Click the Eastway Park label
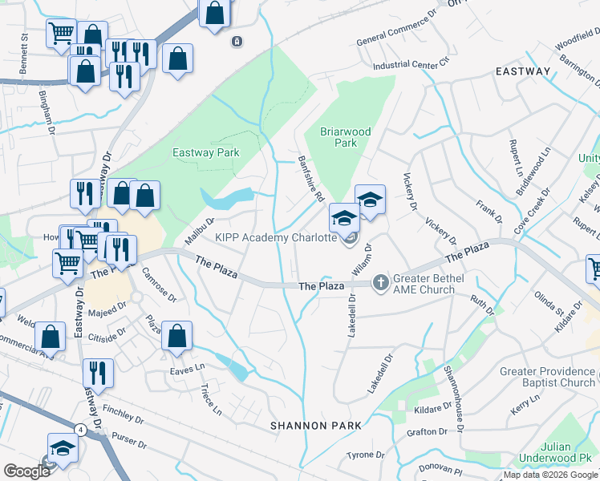206,152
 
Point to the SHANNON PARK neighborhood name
310,425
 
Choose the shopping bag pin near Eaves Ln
177,337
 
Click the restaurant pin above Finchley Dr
98,373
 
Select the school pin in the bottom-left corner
63,450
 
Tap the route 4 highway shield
80,430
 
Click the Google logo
26,471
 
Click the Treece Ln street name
210,398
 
